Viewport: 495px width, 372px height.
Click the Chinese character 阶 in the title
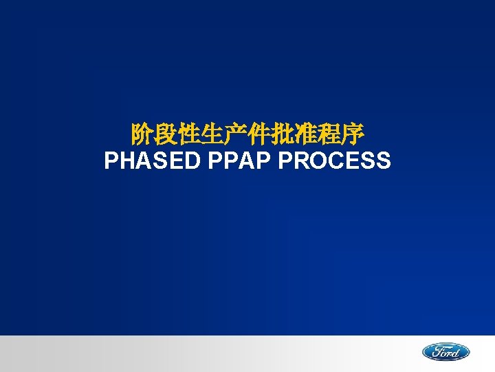coord(143,132)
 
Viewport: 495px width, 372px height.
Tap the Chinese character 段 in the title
coord(166,132)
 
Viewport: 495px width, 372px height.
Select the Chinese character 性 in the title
coord(190,132)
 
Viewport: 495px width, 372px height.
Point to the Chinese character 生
coord(213,132)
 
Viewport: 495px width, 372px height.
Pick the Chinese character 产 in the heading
coord(236,132)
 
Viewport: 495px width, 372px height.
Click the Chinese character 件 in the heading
coord(260,132)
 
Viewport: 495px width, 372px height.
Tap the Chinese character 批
coord(283,132)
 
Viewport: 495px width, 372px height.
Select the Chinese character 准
coord(307,132)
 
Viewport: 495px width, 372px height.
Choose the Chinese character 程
coord(330,132)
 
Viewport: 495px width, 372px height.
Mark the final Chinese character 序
coord(353,132)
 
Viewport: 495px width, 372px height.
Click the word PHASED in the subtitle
coord(152,161)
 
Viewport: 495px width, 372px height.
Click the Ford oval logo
coord(445,352)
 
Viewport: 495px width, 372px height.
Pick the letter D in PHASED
coord(192,161)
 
